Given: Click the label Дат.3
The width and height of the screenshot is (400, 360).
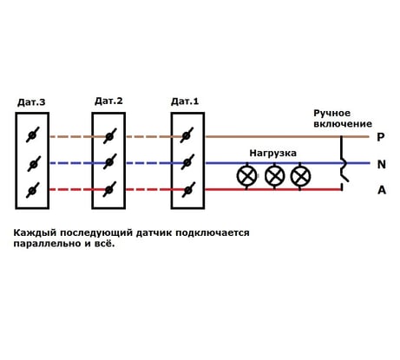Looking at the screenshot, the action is [x=31, y=102].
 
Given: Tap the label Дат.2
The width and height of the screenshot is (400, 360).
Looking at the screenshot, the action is [x=108, y=101].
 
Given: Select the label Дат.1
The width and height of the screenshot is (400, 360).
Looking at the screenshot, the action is [x=185, y=101].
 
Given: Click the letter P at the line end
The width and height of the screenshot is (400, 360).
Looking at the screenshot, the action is [x=381, y=136].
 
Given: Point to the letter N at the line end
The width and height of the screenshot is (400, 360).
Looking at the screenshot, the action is [x=382, y=164].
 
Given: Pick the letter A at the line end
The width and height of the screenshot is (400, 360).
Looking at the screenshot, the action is [x=382, y=190].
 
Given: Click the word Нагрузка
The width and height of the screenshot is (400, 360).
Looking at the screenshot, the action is [x=272, y=154].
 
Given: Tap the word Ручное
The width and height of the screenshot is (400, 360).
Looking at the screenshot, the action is [x=331, y=113].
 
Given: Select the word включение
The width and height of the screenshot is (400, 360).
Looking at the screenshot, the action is [x=343, y=124].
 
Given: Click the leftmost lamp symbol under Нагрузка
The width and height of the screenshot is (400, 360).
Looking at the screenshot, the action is [x=246, y=176].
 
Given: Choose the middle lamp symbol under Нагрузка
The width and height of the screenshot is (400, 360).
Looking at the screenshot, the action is [x=274, y=176].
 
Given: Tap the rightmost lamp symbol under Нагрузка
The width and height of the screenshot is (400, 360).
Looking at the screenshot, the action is [x=300, y=176].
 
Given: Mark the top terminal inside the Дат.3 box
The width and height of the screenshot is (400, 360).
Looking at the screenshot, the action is [x=33, y=134].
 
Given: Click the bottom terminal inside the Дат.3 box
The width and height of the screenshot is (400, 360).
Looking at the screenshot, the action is [x=33, y=190].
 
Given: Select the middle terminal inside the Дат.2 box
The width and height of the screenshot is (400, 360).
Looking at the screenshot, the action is [x=109, y=162].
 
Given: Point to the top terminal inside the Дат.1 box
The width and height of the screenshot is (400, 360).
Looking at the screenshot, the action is [x=187, y=135].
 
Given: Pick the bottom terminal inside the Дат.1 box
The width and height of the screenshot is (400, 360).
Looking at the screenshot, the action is [x=187, y=190].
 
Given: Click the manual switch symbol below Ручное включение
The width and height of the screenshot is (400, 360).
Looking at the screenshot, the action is [x=343, y=163].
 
